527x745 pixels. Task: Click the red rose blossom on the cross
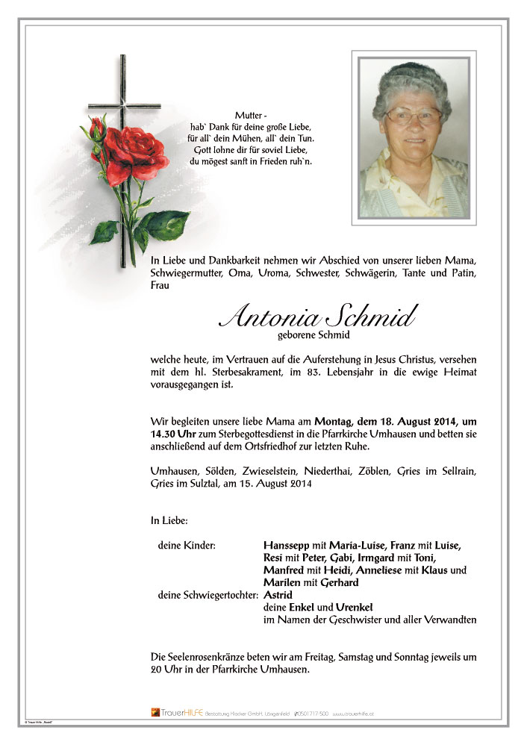136,153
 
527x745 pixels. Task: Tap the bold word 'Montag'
337,421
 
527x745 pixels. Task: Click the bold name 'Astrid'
277,595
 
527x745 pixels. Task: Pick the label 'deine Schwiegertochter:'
208,595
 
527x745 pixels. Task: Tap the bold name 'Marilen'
281,582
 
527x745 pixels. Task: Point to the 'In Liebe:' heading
169,520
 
